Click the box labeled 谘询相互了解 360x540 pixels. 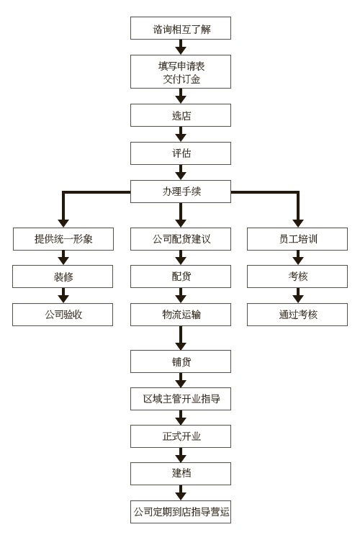(181, 28)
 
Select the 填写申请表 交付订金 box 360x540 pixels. (181, 71)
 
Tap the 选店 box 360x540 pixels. (181, 115)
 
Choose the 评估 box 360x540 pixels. (181, 153)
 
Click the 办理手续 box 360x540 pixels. (181, 191)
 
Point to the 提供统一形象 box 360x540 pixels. (63, 238)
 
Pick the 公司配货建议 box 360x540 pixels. (181, 238)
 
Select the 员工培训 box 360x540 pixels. (297, 238)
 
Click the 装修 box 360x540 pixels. (63, 276)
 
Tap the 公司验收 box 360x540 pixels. (63, 315)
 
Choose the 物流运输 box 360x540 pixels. (181, 315)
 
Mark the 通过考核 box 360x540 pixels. (297, 315)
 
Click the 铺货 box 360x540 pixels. (181, 361)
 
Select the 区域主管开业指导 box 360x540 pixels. (181, 399)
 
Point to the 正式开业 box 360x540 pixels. (181, 436)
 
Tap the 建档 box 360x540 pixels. (181, 474)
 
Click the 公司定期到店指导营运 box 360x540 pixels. (181, 512)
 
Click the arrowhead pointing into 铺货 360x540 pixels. (181, 346)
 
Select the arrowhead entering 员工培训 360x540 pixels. (298, 222)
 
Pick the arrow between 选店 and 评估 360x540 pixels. (181, 134)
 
